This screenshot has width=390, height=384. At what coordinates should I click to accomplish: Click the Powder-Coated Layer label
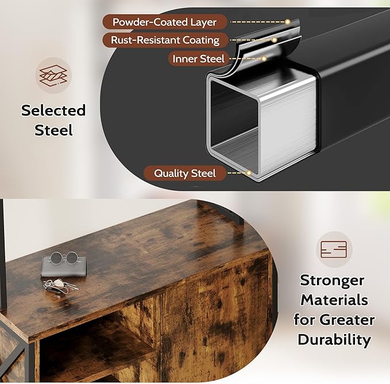point(164,22)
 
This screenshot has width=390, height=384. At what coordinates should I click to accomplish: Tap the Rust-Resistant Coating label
point(165,40)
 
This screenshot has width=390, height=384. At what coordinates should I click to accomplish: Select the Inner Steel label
point(199,59)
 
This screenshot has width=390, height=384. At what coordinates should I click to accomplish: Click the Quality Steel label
point(185,173)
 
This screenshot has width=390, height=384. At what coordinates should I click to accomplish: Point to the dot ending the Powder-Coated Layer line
point(288,22)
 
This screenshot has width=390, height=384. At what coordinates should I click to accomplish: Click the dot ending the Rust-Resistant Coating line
point(275,40)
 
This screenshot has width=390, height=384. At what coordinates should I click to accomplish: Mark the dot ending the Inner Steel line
point(264,59)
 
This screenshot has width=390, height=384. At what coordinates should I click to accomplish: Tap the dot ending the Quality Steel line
point(249,173)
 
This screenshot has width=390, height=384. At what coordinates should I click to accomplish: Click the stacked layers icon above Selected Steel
point(53,75)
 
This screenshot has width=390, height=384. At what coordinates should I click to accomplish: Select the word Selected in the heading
point(53,110)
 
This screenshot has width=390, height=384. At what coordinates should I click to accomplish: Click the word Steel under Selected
point(53,130)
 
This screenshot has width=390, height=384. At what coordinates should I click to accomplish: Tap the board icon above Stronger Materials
point(334,249)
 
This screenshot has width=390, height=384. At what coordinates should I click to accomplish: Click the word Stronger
point(332,281)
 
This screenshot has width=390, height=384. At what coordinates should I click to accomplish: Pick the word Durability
point(334,340)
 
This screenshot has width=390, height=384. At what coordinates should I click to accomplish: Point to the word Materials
point(334,300)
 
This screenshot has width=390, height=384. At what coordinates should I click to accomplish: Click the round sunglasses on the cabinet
point(64,258)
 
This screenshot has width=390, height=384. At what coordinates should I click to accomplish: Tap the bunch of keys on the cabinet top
point(60,286)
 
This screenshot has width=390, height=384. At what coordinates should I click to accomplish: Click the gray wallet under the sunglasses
point(64,267)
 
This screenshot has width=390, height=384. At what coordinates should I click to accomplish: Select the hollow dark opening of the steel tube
point(234,117)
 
